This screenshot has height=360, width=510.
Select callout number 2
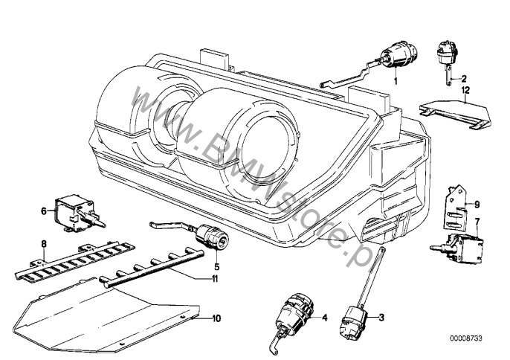click(x=463, y=78)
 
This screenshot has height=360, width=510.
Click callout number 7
click(x=478, y=221)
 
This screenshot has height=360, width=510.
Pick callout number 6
click(x=44, y=211)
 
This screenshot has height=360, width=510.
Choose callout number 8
click(x=44, y=243)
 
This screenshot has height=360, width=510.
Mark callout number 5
click(x=216, y=265)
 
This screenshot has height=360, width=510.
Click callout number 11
click(x=215, y=279)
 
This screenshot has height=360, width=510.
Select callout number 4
click(x=324, y=318)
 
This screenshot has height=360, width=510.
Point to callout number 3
click(x=381, y=318)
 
